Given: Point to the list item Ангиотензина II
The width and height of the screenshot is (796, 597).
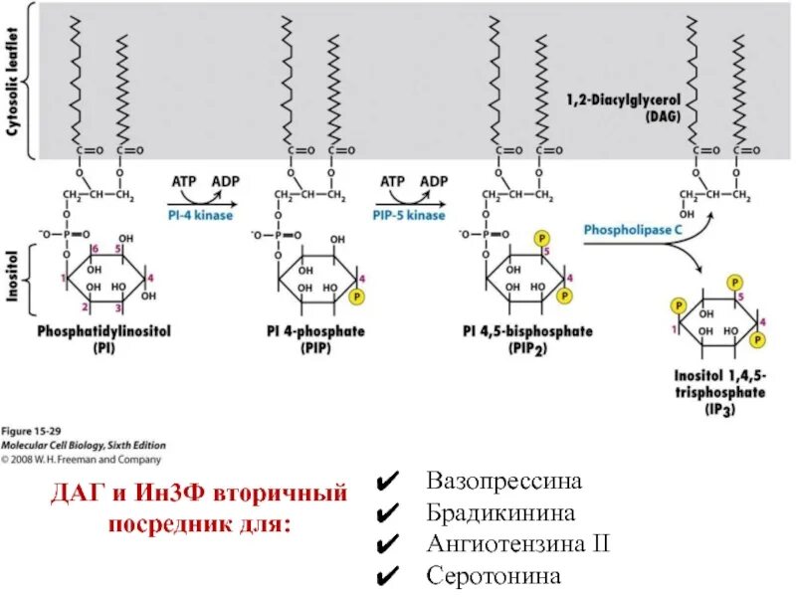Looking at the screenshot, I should click(x=517, y=544).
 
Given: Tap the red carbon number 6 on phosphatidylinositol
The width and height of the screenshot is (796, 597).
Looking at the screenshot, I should click(x=94, y=248).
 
